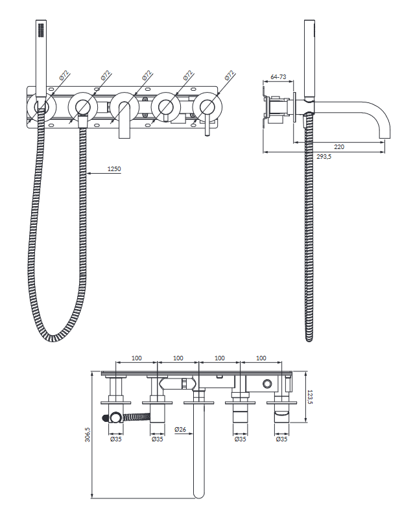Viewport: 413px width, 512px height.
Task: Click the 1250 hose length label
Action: coord(114,169)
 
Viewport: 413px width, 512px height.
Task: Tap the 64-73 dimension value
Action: coord(278,76)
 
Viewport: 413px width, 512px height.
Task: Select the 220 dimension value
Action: coord(339,146)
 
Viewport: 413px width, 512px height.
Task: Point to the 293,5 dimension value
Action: coord(324,156)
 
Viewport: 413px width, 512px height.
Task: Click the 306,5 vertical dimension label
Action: coord(88,435)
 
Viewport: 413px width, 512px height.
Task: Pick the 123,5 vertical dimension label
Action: coord(310,397)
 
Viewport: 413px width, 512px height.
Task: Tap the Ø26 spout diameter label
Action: coord(180,430)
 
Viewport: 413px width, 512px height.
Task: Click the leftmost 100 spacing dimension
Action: coord(137,358)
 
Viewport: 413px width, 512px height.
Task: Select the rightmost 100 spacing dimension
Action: coord(261,358)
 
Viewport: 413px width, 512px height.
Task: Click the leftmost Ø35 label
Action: coord(115,439)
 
